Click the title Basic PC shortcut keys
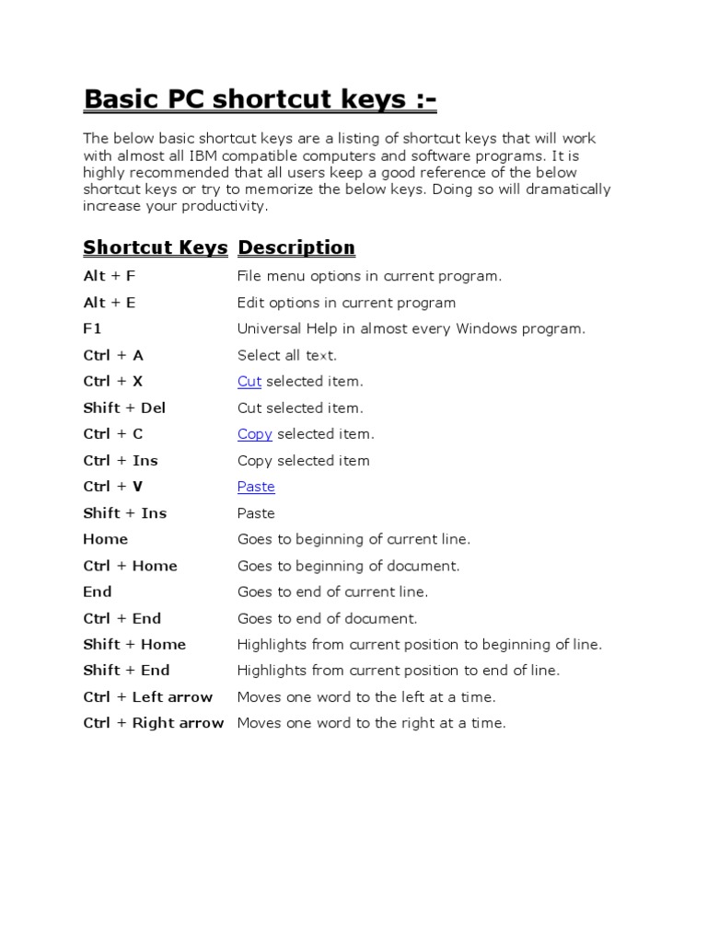coord(247,98)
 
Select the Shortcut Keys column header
coord(155,247)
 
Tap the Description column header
coord(296,247)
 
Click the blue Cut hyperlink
coord(249,381)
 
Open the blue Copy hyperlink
coord(254,433)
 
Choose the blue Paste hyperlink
coord(256,487)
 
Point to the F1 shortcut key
coord(92,328)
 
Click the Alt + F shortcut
coord(109,276)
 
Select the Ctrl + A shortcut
coord(113,355)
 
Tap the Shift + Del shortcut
coord(124,408)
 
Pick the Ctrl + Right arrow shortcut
coord(153,723)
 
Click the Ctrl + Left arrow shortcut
coord(147,697)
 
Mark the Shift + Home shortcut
coord(134,644)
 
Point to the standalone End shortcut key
coord(97,592)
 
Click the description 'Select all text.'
coord(287,355)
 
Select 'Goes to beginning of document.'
coord(348,566)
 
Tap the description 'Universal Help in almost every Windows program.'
coord(411,328)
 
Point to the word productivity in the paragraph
coord(225,206)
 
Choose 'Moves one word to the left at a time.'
coord(366,697)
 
